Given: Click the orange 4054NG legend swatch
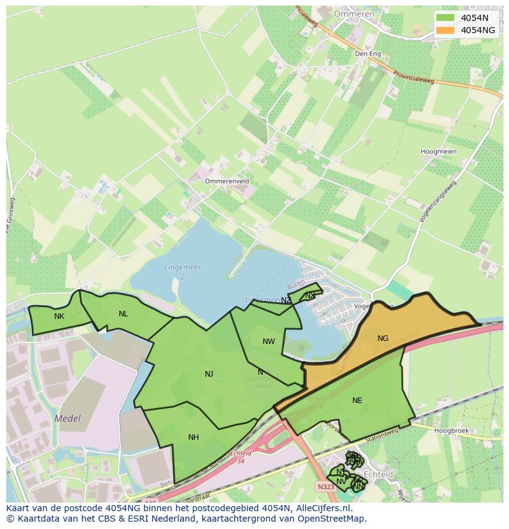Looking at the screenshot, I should coord(445,30).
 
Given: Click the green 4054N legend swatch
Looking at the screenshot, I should coord(445,17).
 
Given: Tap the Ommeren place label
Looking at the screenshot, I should coord(354,14).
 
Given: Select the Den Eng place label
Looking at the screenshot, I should coord(368,54).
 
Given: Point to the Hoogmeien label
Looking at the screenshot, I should coord(438,152).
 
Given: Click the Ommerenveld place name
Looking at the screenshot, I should coord(227,182).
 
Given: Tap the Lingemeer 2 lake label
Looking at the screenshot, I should coord(183,272).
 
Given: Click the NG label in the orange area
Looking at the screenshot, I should coord(383,339).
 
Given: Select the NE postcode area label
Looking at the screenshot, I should coord(357,401).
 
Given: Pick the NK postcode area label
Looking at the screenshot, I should coord(59,316).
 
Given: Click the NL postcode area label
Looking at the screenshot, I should coord(124,314).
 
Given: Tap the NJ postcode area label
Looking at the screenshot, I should coord(209,374).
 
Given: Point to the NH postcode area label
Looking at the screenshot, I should coord(194,437).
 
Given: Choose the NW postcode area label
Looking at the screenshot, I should coord(269,342).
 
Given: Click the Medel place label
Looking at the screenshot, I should coord(68,418).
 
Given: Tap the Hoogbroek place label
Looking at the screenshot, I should coord(451,431).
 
